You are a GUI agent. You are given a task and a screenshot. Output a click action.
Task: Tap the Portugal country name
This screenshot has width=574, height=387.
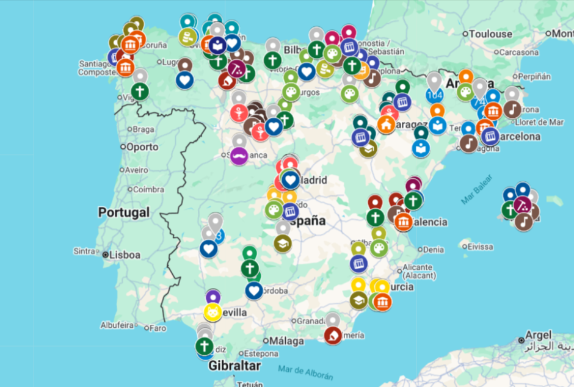[123, 212]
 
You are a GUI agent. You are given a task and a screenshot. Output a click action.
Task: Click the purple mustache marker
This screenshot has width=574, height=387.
[239, 156]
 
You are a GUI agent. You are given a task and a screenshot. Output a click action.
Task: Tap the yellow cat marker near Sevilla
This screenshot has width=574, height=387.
[213, 313]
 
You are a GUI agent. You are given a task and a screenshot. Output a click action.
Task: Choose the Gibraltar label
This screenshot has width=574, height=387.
[234, 366]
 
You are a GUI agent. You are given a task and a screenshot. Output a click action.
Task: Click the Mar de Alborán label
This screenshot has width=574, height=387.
[305, 372]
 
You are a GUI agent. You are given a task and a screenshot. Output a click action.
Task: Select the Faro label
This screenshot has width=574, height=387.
[158, 328]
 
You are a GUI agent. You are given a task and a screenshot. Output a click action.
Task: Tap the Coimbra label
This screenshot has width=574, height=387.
[149, 189]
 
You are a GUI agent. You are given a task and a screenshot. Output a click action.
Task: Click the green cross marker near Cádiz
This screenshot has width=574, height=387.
[203, 346]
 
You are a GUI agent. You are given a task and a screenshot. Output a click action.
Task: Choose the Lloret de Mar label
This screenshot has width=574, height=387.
[538, 122]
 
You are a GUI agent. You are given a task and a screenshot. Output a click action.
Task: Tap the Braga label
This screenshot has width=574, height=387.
[144, 129]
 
